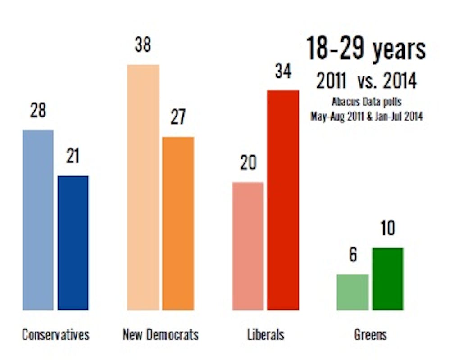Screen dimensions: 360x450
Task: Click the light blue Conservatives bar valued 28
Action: (x=38, y=220)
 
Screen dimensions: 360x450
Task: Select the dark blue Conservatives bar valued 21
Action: (x=73, y=243)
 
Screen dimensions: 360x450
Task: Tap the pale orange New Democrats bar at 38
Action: (x=143, y=187)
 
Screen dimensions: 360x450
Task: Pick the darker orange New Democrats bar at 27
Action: (x=178, y=223)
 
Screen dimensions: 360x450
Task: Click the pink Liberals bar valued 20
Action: (x=248, y=246)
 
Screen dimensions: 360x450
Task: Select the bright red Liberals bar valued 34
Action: (x=283, y=200)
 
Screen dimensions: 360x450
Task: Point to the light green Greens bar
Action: (x=353, y=292)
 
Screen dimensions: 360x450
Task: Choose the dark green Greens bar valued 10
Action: (x=388, y=279)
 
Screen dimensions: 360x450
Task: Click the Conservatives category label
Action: (x=55, y=335)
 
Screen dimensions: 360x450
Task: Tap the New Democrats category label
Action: (x=160, y=335)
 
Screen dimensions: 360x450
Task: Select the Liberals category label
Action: (x=265, y=335)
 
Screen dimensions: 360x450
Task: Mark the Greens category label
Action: (x=370, y=335)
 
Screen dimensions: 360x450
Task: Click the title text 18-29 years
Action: (x=366, y=49)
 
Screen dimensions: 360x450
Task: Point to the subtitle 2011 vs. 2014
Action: (x=366, y=81)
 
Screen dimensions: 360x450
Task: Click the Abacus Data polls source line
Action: (x=366, y=103)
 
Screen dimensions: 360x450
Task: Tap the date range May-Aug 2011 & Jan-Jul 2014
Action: (x=366, y=116)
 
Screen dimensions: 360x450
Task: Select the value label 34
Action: (x=283, y=72)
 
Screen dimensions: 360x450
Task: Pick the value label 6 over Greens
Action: (x=353, y=255)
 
